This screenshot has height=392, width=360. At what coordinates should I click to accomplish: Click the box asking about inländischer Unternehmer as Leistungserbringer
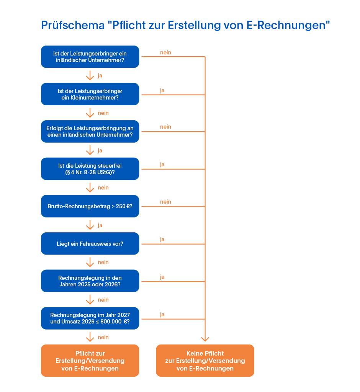pyautogui.click(x=90, y=57)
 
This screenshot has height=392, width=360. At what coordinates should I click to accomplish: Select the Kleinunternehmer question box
pyautogui.click(x=90, y=94)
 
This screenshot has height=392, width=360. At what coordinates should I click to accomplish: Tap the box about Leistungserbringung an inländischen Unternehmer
pyautogui.click(x=90, y=132)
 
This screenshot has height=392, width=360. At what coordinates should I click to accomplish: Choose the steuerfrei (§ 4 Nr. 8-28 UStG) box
pyautogui.click(x=90, y=169)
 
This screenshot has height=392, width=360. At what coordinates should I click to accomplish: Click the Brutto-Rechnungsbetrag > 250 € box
pyautogui.click(x=90, y=206)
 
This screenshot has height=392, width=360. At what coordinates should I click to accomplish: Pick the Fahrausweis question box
pyautogui.click(x=90, y=243)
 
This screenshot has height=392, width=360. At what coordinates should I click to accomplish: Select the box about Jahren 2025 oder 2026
pyautogui.click(x=90, y=281)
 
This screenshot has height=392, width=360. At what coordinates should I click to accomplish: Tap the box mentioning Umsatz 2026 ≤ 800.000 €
pyautogui.click(x=90, y=318)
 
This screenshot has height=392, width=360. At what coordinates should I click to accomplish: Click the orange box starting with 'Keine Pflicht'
pyautogui.click(x=205, y=361)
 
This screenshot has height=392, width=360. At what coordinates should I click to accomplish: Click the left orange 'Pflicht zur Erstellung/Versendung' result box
pyautogui.click(x=90, y=361)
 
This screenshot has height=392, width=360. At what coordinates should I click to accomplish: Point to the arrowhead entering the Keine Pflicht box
pyautogui.click(x=205, y=338)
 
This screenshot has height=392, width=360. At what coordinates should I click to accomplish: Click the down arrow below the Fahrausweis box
pyautogui.click(x=90, y=262)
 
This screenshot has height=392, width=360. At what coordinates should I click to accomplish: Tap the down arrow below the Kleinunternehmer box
pyautogui.click(x=90, y=113)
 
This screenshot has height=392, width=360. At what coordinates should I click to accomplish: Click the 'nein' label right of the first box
pyautogui.click(x=165, y=52)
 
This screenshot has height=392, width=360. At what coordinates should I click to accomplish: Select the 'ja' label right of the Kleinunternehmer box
pyautogui.click(x=162, y=90)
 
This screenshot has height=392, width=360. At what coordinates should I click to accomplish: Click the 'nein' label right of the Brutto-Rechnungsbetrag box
pyautogui.click(x=165, y=202)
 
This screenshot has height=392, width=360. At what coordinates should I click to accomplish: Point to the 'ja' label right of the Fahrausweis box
pyautogui.click(x=162, y=239)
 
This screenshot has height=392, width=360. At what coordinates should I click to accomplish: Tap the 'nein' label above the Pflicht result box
pyautogui.click(x=103, y=337)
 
